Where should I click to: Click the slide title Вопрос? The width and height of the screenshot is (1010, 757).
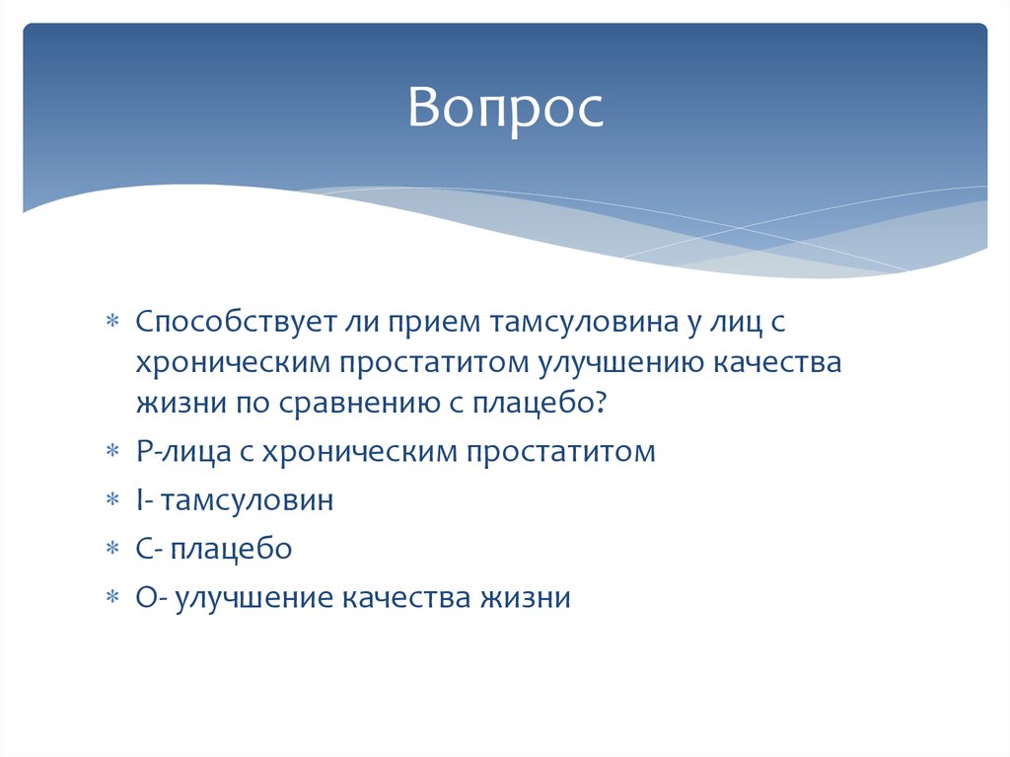[x=506, y=108]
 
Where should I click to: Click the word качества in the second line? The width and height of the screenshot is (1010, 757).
[x=776, y=362]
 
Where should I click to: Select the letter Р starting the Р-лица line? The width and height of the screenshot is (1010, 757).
[x=144, y=451]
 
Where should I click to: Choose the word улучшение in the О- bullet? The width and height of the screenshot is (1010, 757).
[x=254, y=596]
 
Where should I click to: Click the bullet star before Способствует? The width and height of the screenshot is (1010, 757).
[x=112, y=324]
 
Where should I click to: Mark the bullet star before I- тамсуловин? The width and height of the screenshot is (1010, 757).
[x=112, y=500]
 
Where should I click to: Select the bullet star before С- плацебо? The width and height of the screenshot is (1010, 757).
[x=112, y=549]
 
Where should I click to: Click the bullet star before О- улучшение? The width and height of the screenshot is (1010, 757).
[x=112, y=597]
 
